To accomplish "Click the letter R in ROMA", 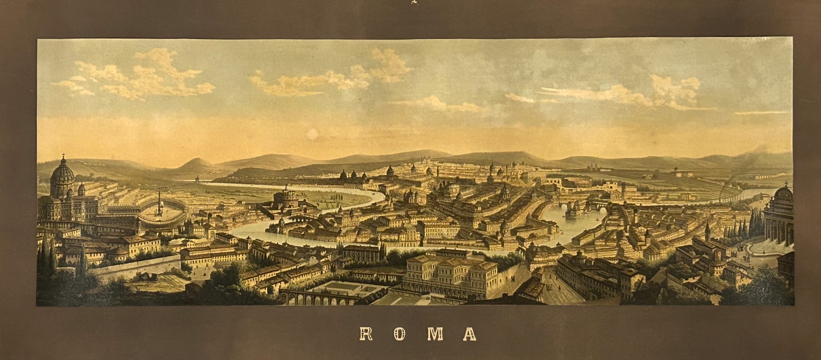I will click(x=366, y=334).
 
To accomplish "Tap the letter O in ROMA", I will click(x=401, y=334).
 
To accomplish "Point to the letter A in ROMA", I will click(x=469, y=334).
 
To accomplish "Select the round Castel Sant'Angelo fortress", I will click(x=286, y=197).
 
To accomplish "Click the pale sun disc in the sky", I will click(x=311, y=134).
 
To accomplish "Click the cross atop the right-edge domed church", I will click(x=785, y=183).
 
